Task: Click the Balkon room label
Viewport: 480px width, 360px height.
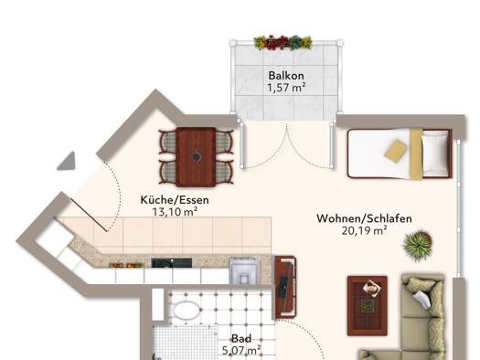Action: pyautogui.click(x=286, y=76)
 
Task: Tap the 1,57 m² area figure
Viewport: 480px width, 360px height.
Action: pyautogui.click(x=286, y=88)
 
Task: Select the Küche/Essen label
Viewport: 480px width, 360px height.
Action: pyautogui.click(x=175, y=200)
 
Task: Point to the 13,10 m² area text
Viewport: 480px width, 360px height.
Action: pyautogui.click(x=175, y=212)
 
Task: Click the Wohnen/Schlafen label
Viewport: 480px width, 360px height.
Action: pyautogui.click(x=364, y=218)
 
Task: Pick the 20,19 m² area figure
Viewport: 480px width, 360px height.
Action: pyautogui.click(x=364, y=230)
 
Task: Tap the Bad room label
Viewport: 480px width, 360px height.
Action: pyautogui.click(x=241, y=339)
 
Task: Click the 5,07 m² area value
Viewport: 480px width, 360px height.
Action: pyautogui.click(x=241, y=350)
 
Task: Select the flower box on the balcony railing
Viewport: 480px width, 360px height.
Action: pyautogui.click(x=283, y=43)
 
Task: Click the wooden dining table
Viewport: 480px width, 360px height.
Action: pyautogui.click(x=196, y=157)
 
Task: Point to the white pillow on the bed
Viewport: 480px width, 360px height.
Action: pyautogui.click(x=435, y=154)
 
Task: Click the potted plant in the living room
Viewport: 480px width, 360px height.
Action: pyautogui.click(x=417, y=245)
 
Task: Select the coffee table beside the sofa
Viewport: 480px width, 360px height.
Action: pyautogui.click(x=368, y=305)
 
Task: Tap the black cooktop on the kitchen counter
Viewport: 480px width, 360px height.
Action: pyautogui.click(x=172, y=263)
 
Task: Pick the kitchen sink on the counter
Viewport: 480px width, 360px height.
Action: pyautogui.click(x=244, y=270)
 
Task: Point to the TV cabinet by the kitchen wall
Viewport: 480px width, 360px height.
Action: pyautogui.click(x=285, y=288)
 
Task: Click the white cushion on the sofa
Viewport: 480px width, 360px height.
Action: pyautogui.click(x=422, y=299)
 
